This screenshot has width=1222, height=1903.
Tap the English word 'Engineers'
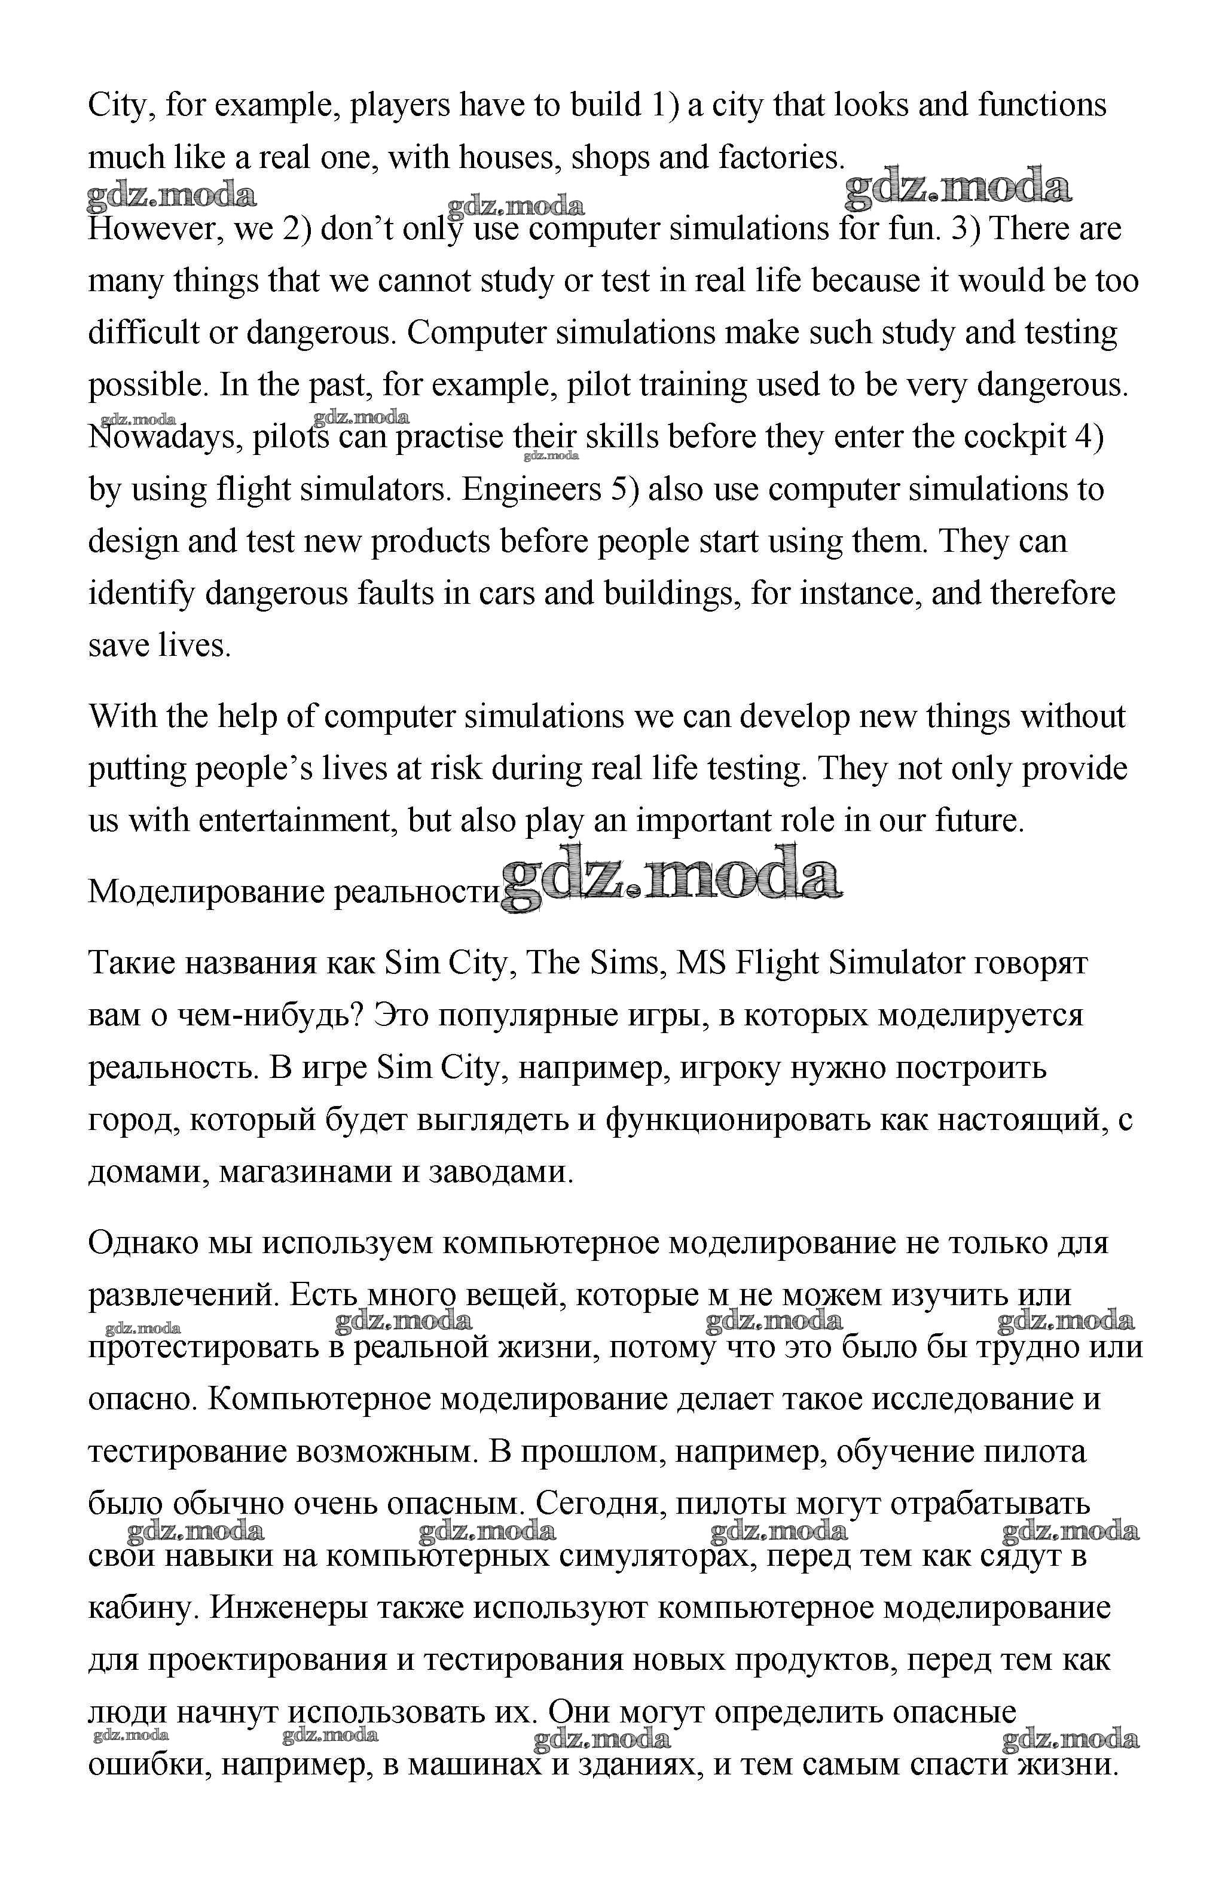(x=531, y=490)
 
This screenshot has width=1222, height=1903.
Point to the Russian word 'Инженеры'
(x=289, y=1608)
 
